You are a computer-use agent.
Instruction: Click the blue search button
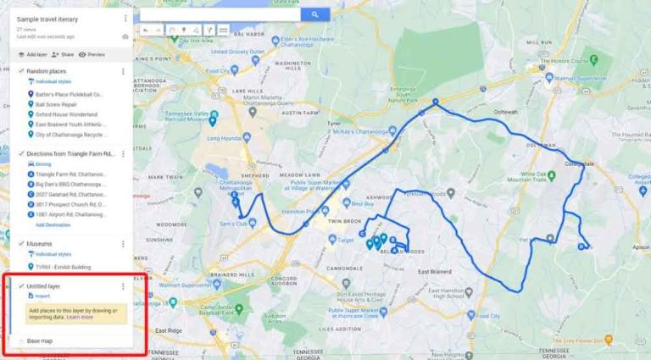point(315,14)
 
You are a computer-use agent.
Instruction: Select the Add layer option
point(34,54)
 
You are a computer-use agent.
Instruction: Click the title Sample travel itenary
point(47,18)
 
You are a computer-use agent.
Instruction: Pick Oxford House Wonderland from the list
point(66,114)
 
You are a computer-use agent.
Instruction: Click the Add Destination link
point(53,225)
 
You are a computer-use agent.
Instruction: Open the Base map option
point(39,341)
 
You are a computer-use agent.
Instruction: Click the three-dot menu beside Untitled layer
point(124,286)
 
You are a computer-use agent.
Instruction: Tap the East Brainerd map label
point(434,271)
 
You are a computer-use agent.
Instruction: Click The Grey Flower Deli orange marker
point(609,341)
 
